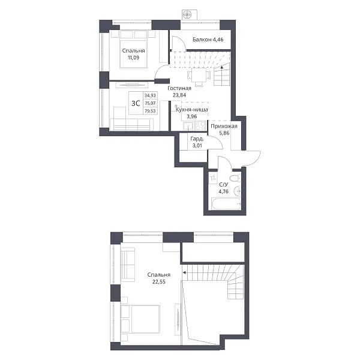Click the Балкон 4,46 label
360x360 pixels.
tap(208, 40)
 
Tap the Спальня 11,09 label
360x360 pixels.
tap(133, 54)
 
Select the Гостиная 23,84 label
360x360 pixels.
tap(179, 91)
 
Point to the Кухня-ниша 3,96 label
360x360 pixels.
tap(192, 113)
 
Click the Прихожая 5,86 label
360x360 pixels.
tap(224, 130)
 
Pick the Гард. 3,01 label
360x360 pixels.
tap(197, 142)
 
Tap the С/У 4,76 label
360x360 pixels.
tap(223, 188)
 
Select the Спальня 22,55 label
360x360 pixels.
tap(159, 278)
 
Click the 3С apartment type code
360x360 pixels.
tap(136, 103)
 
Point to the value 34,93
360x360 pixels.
tap(150, 95)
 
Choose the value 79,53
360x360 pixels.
tap(150, 111)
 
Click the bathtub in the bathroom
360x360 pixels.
tap(226, 204)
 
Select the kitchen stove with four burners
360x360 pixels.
tap(200, 125)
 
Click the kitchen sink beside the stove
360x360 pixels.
tap(189, 126)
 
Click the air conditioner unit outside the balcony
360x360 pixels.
tap(190, 15)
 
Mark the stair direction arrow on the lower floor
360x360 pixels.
tap(222, 67)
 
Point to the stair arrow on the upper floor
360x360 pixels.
tap(184, 272)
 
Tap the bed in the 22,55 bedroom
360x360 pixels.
tap(140, 319)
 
